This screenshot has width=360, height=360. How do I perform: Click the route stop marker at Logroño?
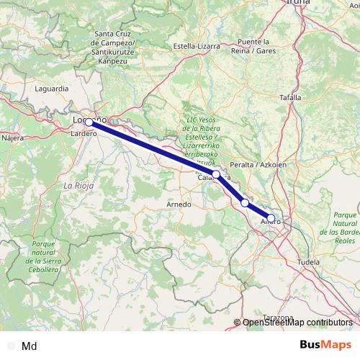pos(89,122)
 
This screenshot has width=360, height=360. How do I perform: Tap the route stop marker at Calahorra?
pos(216,174)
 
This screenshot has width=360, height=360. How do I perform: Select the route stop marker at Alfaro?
pos(271,217)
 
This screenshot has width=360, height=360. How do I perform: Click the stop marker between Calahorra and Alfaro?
pos(245,203)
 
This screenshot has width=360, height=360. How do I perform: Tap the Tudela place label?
pos(308,263)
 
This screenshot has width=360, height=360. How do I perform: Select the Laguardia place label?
pos(52,89)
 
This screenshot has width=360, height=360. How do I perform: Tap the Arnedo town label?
pos(179,204)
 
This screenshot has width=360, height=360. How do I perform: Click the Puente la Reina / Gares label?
pos(256,45)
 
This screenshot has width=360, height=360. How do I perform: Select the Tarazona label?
pos(278,318)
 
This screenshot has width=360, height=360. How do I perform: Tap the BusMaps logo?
pos(326,345)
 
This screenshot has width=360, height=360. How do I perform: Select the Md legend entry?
pos(30,346)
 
